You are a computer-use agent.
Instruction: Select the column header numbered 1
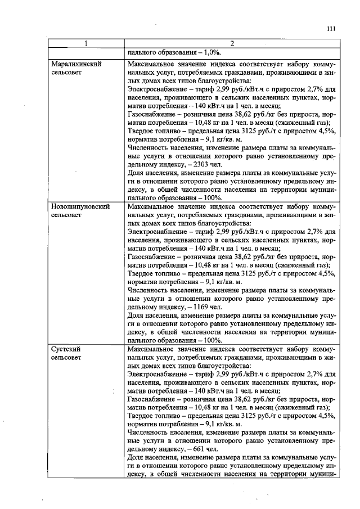click(x=86, y=44)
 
